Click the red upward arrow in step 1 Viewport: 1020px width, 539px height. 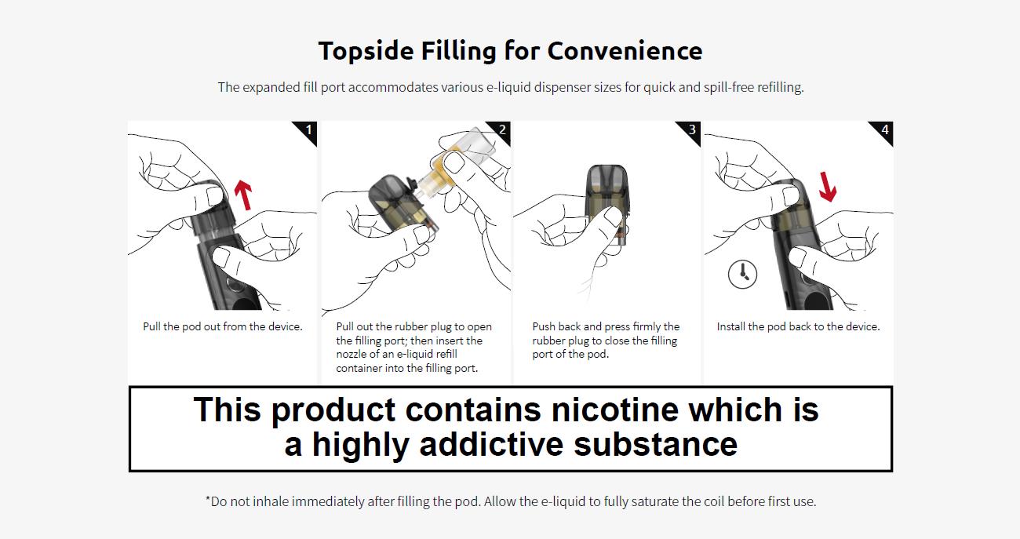tap(243, 195)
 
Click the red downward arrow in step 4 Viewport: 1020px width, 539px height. tap(827, 187)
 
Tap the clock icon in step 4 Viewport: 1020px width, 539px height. tap(743, 275)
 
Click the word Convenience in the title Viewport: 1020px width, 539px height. tap(625, 50)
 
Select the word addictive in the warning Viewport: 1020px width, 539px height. tap(491, 444)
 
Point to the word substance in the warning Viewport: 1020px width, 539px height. tap(656, 444)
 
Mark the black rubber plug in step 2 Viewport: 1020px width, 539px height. tap(413, 184)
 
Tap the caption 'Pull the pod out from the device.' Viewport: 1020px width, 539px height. tap(223, 326)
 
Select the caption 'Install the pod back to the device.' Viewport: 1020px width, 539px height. tap(798, 326)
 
